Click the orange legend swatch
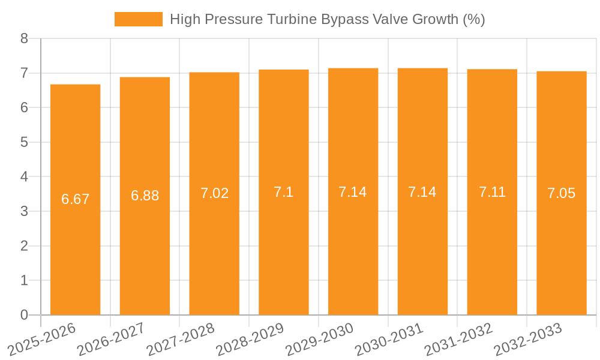click(139, 19)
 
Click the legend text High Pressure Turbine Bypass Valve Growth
click(327, 19)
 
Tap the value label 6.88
click(145, 196)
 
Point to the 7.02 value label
click(214, 193)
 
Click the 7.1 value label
click(284, 192)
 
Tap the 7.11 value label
click(492, 192)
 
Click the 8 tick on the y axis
click(24, 38)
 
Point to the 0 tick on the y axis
click(24, 315)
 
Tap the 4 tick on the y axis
click(24, 177)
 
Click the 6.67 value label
click(75, 199)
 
